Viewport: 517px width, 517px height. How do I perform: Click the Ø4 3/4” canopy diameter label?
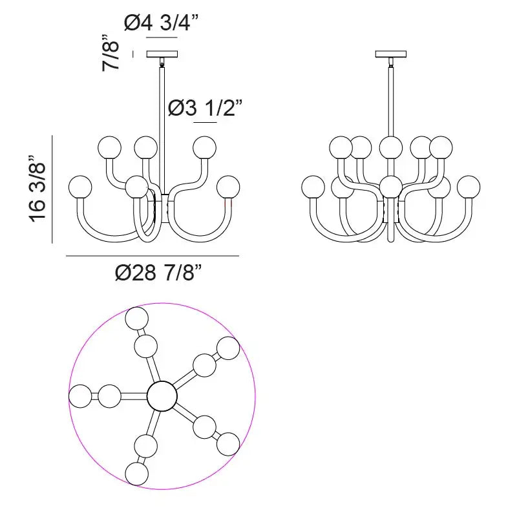tap(161, 23)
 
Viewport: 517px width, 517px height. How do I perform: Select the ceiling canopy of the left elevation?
tap(162, 54)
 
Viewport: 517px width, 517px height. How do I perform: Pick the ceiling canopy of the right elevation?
tap(391, 54)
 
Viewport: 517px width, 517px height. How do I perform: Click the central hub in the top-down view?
tap(162, 396)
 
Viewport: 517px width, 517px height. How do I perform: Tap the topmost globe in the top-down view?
tap(136, 318)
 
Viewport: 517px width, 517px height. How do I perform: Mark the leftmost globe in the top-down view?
tap(81, 396)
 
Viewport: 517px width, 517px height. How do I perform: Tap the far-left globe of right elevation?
tap(314, 187)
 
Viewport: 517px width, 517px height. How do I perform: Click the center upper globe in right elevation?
tap(390, 147)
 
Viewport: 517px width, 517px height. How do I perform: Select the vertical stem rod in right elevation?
tap(391, 97)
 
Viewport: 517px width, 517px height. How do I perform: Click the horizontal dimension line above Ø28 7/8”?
tap(153, 257)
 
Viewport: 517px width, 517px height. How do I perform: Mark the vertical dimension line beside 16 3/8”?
tap(52, 189)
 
